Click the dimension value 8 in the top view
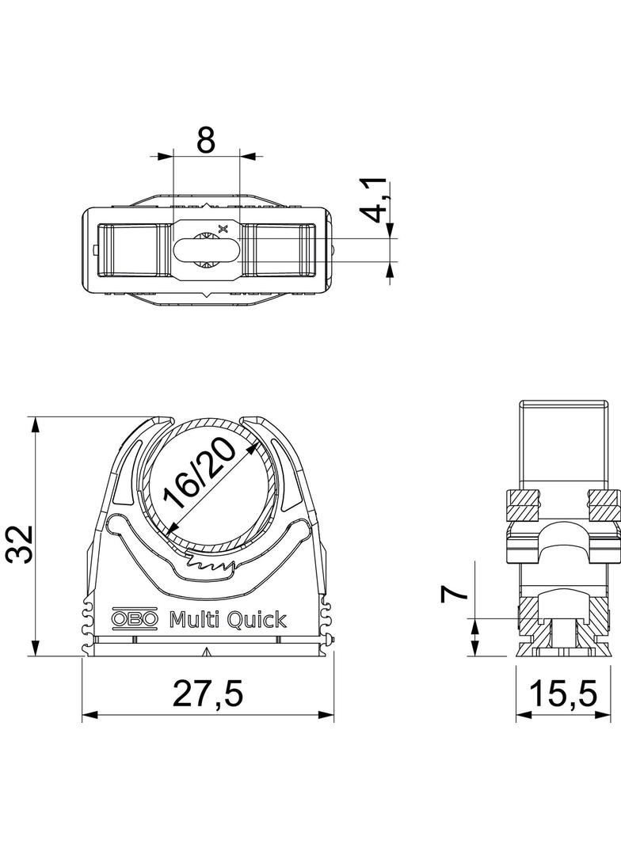click(206, 139)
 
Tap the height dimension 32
click(21, 544)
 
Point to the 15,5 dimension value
click(564, 694)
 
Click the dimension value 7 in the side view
click(454, 595)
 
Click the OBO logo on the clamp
click(135, 620)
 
